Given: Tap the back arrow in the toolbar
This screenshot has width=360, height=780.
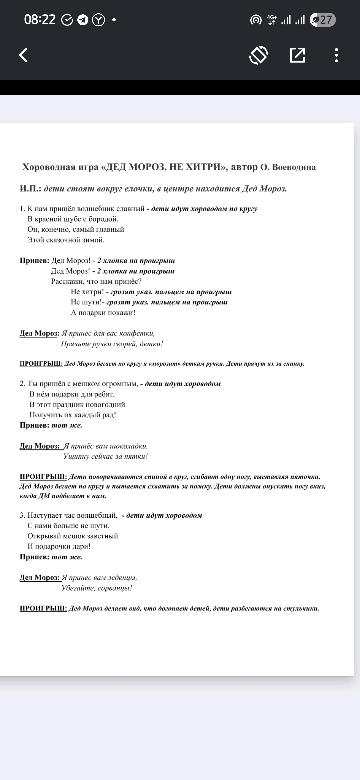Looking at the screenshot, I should [23, 55].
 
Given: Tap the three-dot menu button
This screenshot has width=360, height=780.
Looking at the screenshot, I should [336, 55].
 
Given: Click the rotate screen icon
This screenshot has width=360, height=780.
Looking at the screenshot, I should [259, 55].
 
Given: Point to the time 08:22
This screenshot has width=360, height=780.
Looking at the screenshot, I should [40, 20].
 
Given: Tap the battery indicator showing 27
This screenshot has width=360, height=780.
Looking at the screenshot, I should [322, 20].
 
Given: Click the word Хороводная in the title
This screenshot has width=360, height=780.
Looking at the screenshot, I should [49, 167].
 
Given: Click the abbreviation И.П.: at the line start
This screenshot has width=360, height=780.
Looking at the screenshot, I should [30, 189].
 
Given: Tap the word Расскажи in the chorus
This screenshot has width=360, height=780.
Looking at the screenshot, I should [68, 281].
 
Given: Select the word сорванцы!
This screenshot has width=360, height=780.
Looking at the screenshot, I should [115, 588].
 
